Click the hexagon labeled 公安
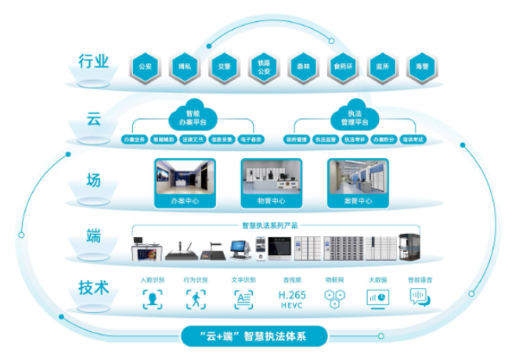[x=145, y=67]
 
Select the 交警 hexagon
[x=225, y=67]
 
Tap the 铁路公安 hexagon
[x=263, y=67]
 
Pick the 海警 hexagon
[x=423, y=67]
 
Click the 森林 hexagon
[x=303, y=67]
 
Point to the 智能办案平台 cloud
[x=193, y=118]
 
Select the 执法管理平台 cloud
[x=353, y=118]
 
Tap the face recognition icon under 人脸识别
[x=152, y=299]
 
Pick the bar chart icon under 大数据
[x=378, y=299]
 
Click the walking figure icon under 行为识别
[x=195, y=299]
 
